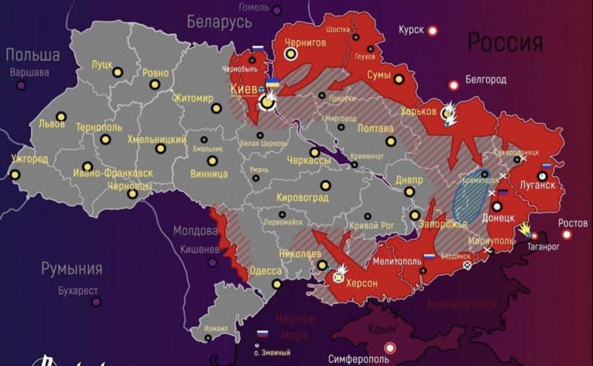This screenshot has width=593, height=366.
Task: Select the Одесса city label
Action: [265, 271]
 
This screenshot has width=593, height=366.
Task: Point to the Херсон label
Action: [361, 284]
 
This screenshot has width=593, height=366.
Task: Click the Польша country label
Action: [33, 55]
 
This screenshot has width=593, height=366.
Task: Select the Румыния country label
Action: [71, 268]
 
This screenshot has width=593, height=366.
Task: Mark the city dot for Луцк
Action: [117, 73]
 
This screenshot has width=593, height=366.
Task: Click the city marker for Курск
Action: [433, 30]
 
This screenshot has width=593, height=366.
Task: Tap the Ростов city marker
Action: [567, 234]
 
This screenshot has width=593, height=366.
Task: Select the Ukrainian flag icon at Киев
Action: [272, 83]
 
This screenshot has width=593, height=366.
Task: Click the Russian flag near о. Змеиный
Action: [262, 334]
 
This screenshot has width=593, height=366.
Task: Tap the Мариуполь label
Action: [491, 241]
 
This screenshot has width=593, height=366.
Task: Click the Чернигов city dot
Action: [291, 54]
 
